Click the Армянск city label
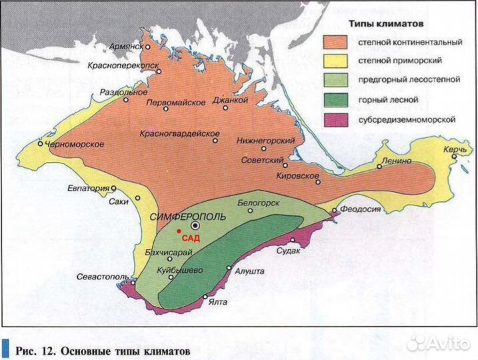point(127,47)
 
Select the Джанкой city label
point(230,100)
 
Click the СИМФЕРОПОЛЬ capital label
point(188,217)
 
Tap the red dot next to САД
point(179,231)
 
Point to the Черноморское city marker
point(41,143)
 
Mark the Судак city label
point(291,251)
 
